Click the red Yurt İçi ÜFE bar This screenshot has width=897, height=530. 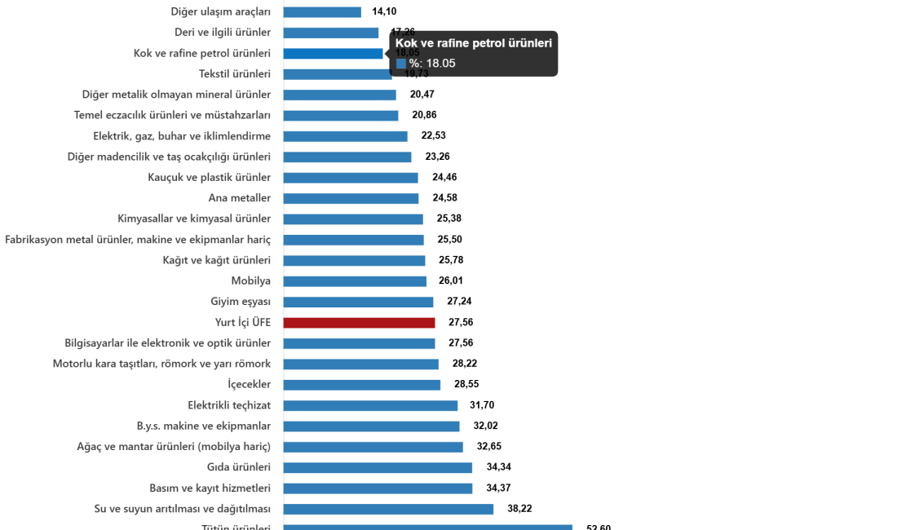pyautogui.click(x=359, y=323)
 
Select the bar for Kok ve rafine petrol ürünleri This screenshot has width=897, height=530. pyautogui.click(x=333, y=54)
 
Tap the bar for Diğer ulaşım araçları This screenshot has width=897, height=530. pyautogui.click(x=322, y=12)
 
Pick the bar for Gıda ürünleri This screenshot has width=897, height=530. pyautogui.click(x=378, y=468)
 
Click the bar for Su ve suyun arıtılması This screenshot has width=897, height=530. pyautogui.click(x=388, y=509)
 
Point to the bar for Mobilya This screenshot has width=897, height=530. pyautogui.click(x=355, y=281)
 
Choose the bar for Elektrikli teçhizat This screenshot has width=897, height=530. pyautogui.click(x=370, y=406)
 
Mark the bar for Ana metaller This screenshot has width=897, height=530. pyautogui.click(x=351, y=198)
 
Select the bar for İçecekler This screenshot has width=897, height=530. pyautogui.click(x=362, y=385)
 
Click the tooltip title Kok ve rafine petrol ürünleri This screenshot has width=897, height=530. pyautogui.click(x=473, y=43)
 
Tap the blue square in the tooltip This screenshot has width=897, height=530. pyautogui.click(x=401, y=64)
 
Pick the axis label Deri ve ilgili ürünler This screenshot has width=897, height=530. pyautogui.click(x=222, y=33)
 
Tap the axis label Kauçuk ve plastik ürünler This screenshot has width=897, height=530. pyautogui.click(x=210, y=178)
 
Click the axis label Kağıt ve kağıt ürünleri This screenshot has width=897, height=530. pyautogui.click(x=216, y=261)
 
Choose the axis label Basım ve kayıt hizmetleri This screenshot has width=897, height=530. pyautogui.click(x=210, y=488)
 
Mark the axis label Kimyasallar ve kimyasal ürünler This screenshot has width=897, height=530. pyautogui.click(x=193, y=219)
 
